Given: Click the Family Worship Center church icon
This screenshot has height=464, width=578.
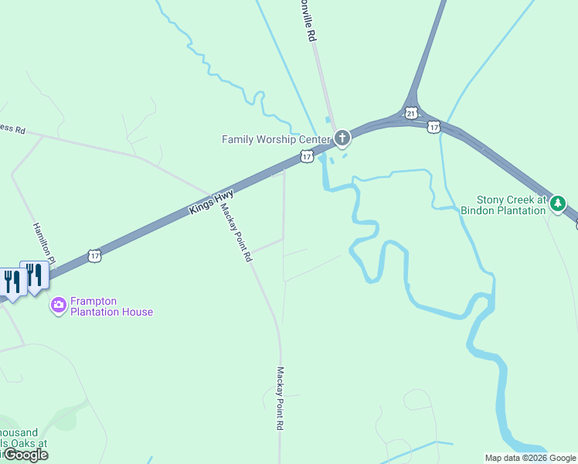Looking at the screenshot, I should [x=342, y=139].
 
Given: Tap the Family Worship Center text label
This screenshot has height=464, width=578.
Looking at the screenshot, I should [x=276, y=140].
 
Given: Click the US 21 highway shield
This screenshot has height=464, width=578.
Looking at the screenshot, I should [x=411, y=114].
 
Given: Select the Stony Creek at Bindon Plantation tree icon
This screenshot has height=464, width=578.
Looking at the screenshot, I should [x=558, y=204].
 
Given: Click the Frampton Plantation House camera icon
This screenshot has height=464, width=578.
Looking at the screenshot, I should [x=58, y=305].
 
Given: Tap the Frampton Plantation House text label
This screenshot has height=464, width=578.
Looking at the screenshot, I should [x=111, y=306].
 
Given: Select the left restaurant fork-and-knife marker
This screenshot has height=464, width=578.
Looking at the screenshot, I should [x=13, y=281].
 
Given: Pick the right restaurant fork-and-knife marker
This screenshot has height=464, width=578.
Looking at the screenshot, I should [x=35, y=276].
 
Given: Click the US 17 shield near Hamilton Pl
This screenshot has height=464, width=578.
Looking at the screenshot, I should [x=94, y=255].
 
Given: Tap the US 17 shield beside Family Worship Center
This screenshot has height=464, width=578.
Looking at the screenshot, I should [x=307, y=157].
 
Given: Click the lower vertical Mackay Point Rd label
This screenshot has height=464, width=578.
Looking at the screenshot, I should [x=280, y=398].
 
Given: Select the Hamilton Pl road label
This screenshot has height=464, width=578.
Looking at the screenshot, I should [x=44, y=240].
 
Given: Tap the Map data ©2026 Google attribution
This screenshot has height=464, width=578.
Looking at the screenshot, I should [x=530, y=458].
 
